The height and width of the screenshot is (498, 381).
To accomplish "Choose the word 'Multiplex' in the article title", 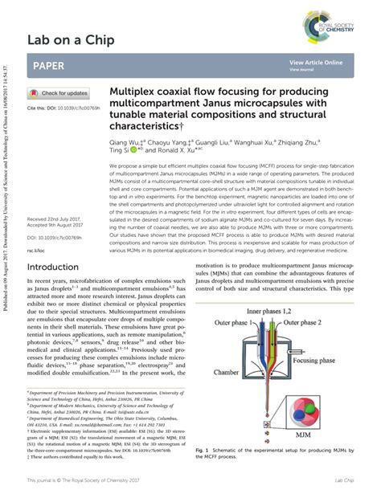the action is pos(135,92).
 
